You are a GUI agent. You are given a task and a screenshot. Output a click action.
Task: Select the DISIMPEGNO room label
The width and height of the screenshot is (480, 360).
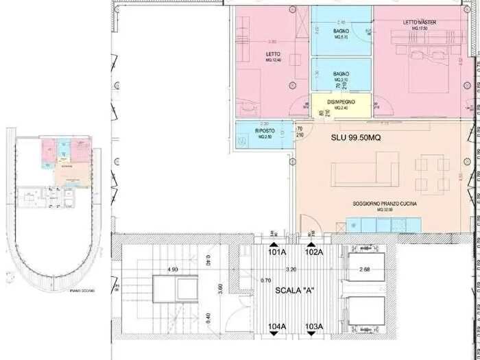pos(341,102)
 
